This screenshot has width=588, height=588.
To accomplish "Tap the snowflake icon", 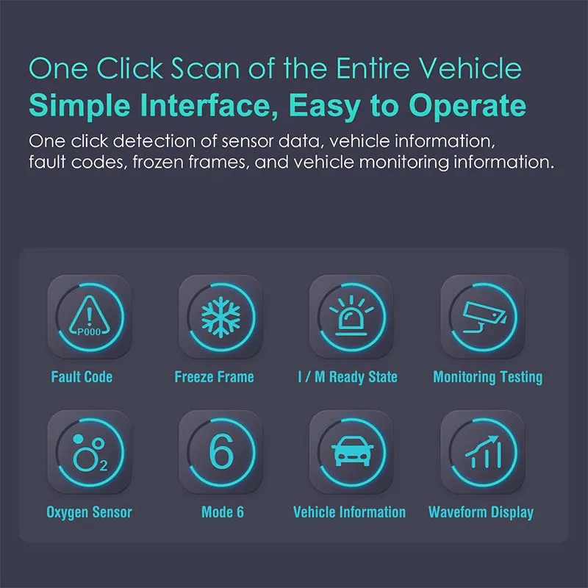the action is [221, 318].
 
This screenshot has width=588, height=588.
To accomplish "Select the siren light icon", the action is [351, 315].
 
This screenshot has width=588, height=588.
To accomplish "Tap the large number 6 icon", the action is [221, 451].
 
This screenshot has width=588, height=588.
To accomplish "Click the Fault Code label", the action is [82, 377].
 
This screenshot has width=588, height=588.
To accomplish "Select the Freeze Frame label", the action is [214, 377].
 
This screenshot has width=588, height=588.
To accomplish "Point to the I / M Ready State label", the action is [348, 377].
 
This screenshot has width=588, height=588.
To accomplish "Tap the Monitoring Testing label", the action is [488, 377].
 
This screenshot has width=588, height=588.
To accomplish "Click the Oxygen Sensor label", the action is [89, 512].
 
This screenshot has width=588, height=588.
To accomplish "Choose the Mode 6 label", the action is [223, 512].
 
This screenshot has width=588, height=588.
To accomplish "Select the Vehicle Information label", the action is [350, 512].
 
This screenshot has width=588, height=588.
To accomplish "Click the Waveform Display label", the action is [481, 512].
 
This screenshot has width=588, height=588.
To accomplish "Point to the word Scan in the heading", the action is [205, 68].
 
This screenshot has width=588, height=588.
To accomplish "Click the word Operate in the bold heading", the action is [467, 106].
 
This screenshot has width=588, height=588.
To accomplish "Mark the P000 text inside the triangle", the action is [89, 332].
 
